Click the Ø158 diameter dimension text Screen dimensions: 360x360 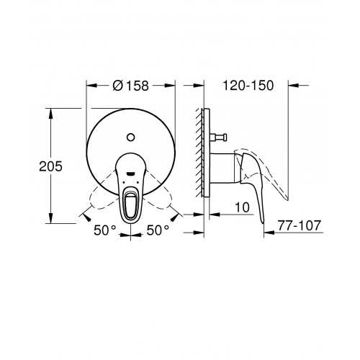(131, 86)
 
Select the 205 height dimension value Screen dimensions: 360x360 (50, 166)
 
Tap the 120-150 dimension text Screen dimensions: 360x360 (248, 86)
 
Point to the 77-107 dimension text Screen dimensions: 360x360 (300, 225)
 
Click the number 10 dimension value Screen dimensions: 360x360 (242, 207)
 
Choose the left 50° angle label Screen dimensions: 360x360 (105, 230)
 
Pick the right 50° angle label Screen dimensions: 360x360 (158, 230)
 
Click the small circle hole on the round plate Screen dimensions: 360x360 (130, 138)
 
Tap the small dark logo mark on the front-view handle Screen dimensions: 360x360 (130, 174)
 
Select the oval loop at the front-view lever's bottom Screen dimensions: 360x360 (130, 203)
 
